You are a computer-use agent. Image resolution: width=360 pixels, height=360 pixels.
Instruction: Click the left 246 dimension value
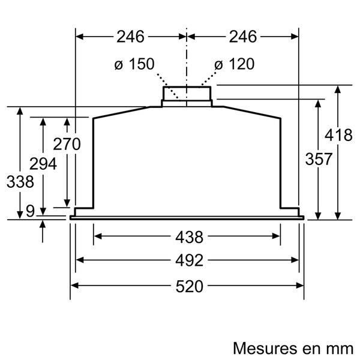click(x=131, y=37)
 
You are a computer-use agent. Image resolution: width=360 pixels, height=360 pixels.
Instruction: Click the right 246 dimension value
click(x=243, y=37)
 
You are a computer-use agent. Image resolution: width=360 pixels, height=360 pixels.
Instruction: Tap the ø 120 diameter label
click(x=234, y=64)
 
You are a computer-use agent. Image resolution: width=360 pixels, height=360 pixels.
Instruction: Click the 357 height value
click(x=319, y=159)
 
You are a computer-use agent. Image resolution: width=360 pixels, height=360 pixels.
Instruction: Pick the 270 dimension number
click(x=67, y=144)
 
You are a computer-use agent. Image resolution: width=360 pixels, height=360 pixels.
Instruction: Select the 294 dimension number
click(x=43, y=164)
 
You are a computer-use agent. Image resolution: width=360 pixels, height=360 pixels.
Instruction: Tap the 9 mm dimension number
click(x=30, y=211)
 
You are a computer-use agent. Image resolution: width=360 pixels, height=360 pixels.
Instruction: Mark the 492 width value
click(x=187, y=260)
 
